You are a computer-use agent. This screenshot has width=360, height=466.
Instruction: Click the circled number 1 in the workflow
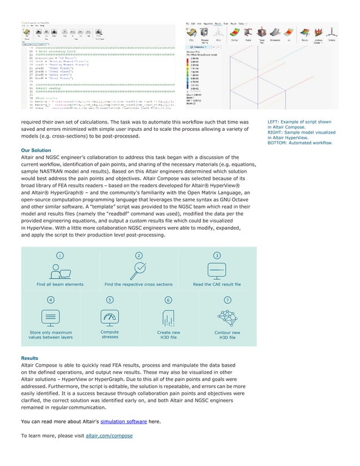click(x=59, y=256)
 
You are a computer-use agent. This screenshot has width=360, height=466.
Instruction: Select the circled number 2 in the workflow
click(x=139, y=256)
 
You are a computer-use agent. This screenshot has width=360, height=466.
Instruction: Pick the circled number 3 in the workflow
click(x=217, y=256)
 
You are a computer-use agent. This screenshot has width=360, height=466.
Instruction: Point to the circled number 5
click(x=109, y=299)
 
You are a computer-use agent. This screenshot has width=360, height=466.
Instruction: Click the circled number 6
click(x=168, y=299)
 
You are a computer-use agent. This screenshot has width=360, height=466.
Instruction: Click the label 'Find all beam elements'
click(x=59, y=284)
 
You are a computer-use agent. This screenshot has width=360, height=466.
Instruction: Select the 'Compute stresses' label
click(x=109, y=335)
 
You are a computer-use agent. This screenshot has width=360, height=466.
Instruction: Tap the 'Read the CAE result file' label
click(x=217, y=284)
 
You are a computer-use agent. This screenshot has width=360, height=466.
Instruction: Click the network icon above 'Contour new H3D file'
click(x=227, y=317)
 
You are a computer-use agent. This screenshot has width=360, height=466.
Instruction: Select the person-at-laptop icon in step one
click(x=59, y=271)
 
